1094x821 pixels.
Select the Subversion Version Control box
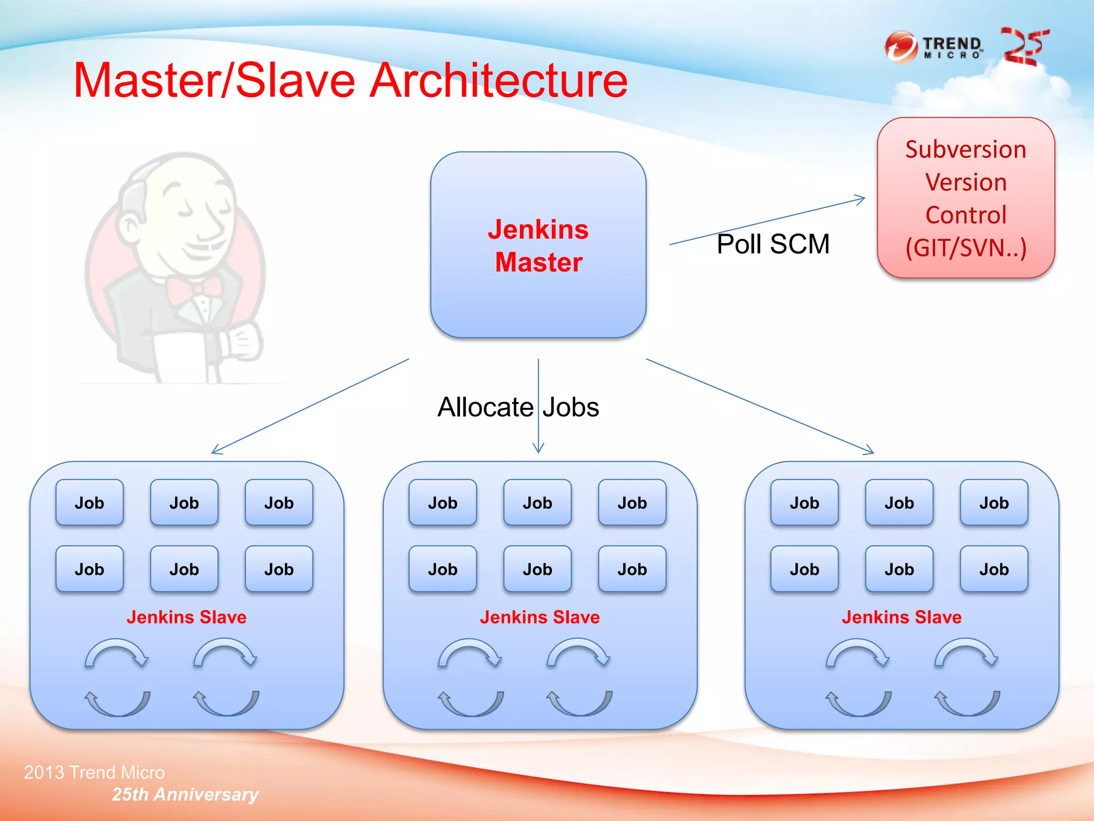click(x=965, y=198)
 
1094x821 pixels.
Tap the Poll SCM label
click(x=772, y=244)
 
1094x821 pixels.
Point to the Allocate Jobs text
click(x=518, y=407)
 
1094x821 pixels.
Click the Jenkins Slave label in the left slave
click(x=186, y=617)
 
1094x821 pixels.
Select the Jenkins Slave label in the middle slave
click(x=540, y=617)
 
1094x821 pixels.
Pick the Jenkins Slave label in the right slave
click(x=902, y=617)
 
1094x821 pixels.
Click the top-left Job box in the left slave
click(x=89, y=502)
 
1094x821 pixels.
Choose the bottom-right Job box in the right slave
click(x=994, y=569)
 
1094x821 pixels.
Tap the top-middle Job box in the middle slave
click(x=537, y=502)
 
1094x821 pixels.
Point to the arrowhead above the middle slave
click(x=538, y=449)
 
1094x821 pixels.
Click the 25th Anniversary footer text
click(x=185, y=794)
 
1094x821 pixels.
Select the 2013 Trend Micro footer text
click(x=94, y=772)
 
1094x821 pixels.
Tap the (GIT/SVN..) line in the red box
click(x=966, y=248)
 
